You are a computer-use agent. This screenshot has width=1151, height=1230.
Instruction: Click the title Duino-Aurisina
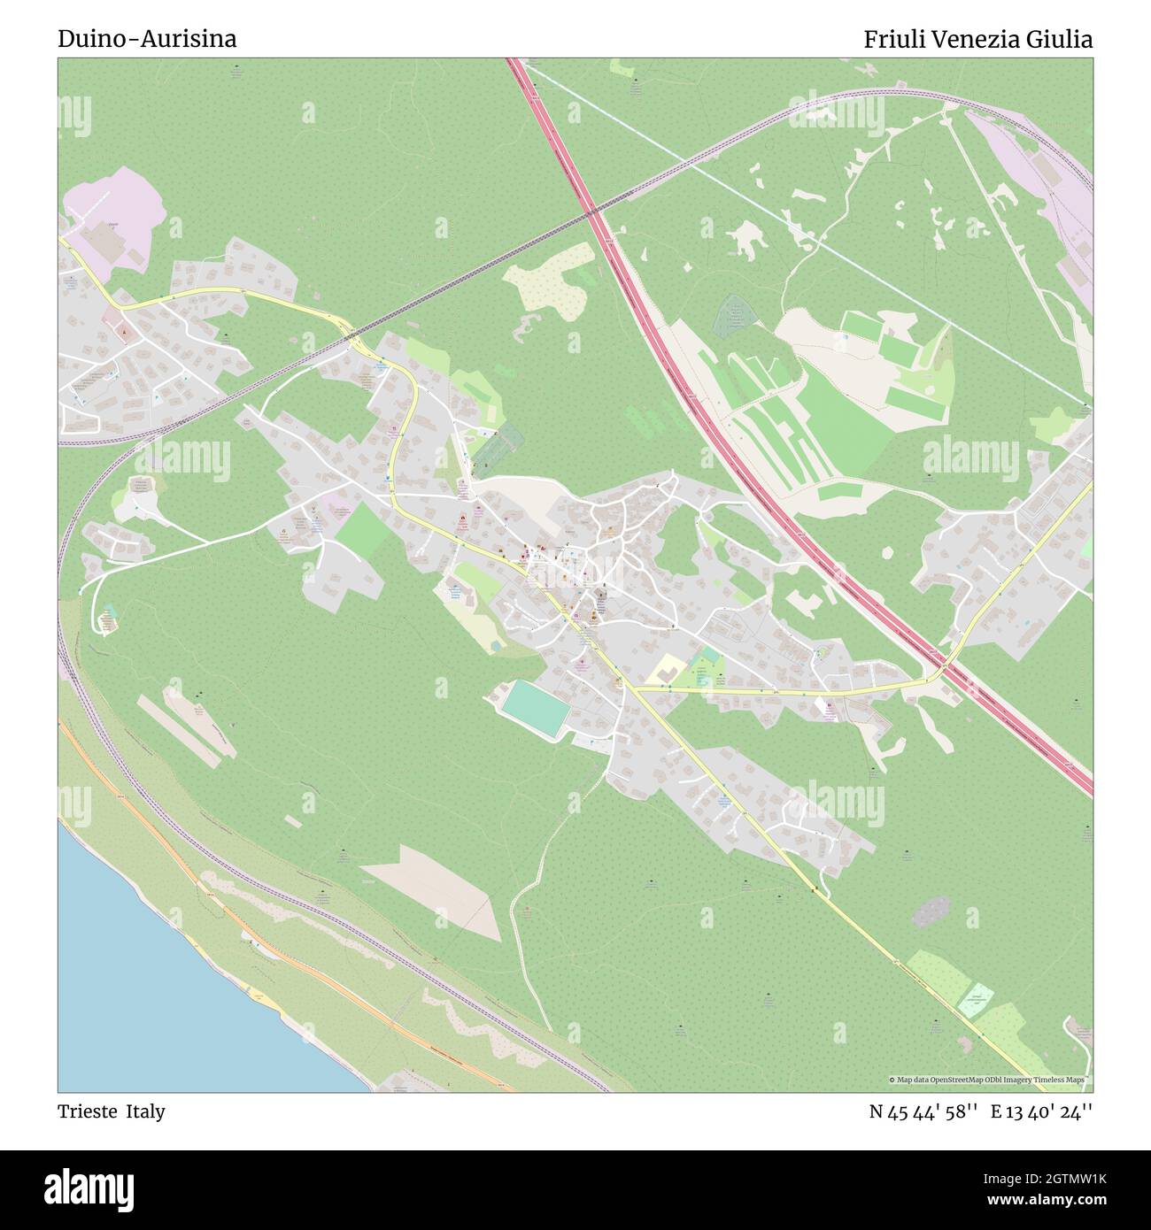147,39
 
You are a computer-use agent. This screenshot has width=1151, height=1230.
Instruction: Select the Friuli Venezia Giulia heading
977,39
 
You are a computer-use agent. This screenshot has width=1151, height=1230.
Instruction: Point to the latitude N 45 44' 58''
923,1111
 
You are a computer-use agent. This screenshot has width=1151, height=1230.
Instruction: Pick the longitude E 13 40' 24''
1041,1111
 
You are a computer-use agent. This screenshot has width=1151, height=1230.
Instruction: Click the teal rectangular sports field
535,707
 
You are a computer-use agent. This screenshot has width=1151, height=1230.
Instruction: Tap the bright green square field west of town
361,532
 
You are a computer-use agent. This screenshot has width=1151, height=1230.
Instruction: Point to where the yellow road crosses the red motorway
942,666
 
